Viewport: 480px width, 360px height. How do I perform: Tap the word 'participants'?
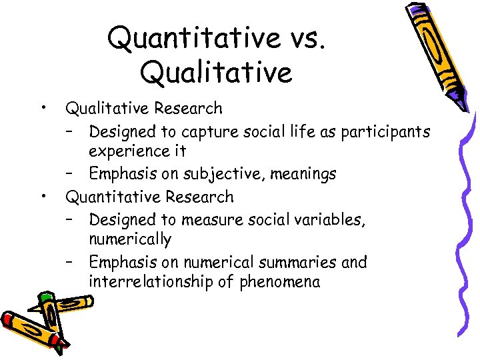tap(385, 132)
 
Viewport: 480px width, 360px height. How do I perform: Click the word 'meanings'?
tap(307, 175)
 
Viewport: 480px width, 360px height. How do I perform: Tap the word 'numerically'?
tap(130, 239)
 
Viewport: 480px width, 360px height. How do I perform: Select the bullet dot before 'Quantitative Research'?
tap(43, 195)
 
